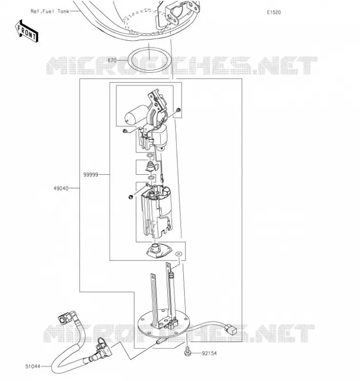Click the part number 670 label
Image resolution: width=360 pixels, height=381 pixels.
[x=112, y=60]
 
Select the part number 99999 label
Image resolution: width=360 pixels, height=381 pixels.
[x=91, y=175]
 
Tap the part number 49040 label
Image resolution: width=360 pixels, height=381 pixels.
[x=61, y=188]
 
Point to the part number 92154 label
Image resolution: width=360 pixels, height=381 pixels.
[x=209, y=353]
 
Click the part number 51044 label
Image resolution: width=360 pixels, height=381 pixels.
[x=32, y=366]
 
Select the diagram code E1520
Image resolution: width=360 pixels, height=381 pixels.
[x=274, y=12]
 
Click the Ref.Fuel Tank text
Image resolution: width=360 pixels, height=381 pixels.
[x=50, y=11]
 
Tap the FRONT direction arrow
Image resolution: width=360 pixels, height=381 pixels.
[x=27, y=31]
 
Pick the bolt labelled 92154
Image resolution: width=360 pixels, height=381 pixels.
[x=187, y=352]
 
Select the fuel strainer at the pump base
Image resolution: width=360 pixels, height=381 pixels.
[x=159, y=251]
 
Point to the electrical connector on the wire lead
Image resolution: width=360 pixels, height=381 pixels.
[x=231, y=329]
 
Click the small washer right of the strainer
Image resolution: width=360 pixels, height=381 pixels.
[x=179, y=254]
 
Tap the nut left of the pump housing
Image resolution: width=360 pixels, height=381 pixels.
[x=131, y=197]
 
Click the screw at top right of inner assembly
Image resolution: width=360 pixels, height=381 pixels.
[x=178, y=110]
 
